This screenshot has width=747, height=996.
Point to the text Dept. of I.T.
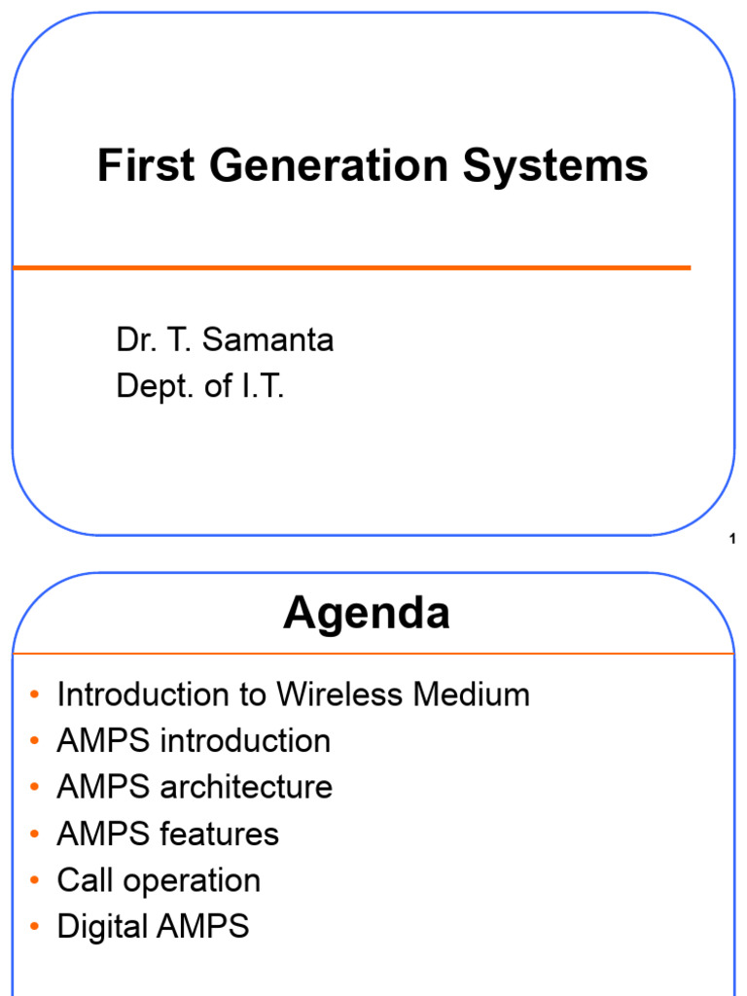200,386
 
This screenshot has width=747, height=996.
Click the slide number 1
731,540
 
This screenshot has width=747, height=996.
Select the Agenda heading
367,614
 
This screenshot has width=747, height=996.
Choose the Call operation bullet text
159,880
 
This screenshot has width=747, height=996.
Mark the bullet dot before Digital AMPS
35,927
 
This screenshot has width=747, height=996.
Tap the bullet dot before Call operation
35,881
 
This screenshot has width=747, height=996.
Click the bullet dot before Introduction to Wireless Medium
35,695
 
